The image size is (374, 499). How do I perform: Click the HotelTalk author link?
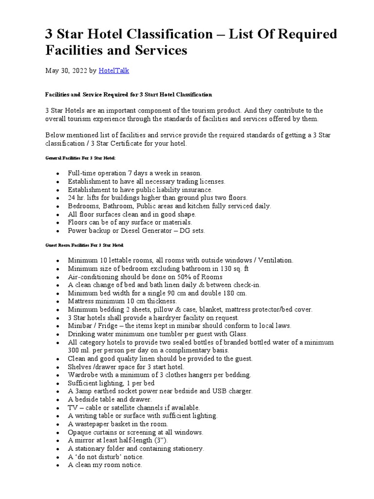coord(114,71)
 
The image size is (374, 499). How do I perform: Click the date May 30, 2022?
coord(66,71)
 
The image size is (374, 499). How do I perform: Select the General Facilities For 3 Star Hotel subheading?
coord(81,158)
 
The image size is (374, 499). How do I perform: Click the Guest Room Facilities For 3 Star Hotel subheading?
coord(84,245)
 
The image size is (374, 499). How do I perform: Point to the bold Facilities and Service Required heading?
coord(129,94)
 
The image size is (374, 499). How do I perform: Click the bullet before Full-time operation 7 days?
coord(58,173)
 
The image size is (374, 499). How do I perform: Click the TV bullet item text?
coord(134,407)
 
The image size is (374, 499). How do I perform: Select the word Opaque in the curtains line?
coord(80,432)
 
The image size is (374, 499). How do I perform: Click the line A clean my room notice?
coord(105,465)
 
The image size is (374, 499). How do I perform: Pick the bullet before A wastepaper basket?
coord(58,424)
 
